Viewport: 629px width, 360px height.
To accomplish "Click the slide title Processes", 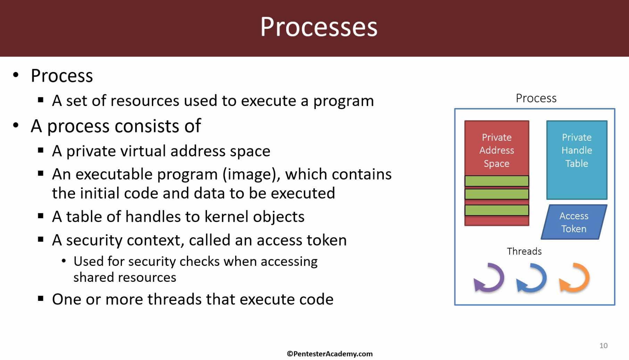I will [318, 27].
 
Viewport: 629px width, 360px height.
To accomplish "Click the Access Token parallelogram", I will [574, 222].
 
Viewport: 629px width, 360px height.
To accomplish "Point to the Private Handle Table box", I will [577, 160].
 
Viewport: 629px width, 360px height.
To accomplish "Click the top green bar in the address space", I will [497, 181].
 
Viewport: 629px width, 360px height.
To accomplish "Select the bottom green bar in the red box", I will [497, 210].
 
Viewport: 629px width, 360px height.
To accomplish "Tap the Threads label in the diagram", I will [524, 251].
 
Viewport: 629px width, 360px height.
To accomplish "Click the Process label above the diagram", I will [536, 98].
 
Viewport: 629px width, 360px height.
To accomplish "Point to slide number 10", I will [603, 346].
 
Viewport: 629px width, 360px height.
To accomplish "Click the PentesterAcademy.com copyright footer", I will [330, 354].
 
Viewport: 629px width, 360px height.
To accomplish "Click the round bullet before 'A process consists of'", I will [16, 125].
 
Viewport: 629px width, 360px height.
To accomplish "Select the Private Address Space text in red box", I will [496, 150].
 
